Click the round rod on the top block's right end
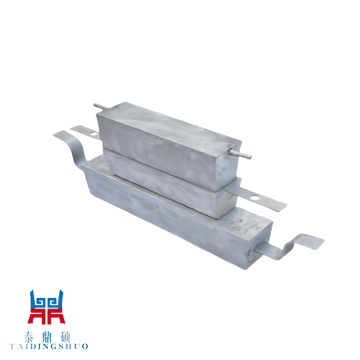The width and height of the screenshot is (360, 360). click(x=241, y=153)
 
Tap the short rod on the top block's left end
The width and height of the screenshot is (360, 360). click(x=101, y=107)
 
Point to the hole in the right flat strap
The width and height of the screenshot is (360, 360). click(x=255, y=198)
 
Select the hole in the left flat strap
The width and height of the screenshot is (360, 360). click(x=93, y=133)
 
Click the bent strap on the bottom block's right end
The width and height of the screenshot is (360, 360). click(x=289, y=245)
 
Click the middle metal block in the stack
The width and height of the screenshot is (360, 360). click(x=170, y=182)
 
